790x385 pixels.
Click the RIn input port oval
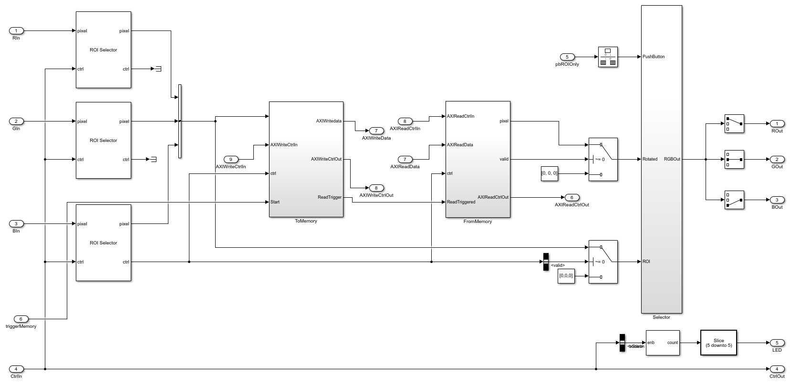(16, 31)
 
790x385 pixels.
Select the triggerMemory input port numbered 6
(21, 319)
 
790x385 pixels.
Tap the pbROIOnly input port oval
(567, 57)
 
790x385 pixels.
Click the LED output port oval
(777, 343)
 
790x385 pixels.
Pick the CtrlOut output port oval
(777, 369)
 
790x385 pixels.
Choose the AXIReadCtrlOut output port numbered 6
(572, 197)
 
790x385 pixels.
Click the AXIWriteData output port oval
(376, 131)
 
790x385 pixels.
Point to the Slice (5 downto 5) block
(718, 343)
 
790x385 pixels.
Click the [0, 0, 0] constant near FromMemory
(549, 173)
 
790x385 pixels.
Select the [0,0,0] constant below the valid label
(566, 276)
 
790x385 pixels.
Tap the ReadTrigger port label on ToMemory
(330, 197)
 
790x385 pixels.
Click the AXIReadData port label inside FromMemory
(460, 145)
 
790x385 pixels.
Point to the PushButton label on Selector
(654, 57)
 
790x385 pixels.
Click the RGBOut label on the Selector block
(672, 159)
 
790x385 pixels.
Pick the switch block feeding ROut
(734, 124)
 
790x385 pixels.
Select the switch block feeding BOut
(734, 200)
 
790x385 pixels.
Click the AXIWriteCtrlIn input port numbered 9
(231, 160)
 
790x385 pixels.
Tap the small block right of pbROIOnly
(608, 57)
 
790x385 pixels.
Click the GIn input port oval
(16, 122)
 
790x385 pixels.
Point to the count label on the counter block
(673, 343)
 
